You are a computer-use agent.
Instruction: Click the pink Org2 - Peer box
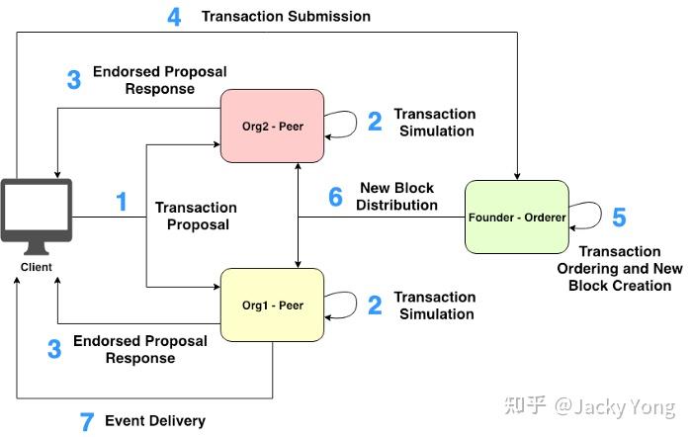(272, 126)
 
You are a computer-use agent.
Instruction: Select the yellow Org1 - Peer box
(272, 305)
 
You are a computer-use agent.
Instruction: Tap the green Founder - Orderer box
(517, 216)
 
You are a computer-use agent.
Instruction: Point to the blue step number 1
(122, 203)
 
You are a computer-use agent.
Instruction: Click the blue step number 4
(174, 18)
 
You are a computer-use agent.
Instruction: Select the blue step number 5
(619, 218)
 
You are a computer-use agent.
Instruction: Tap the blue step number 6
(335, 197)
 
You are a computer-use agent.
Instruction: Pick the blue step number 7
(87, 422)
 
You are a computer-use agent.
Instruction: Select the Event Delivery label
(155, 421)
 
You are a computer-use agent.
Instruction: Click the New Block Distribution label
(398, 197)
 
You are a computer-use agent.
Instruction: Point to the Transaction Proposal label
(196, 216)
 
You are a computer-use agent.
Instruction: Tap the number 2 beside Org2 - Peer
(375, 123)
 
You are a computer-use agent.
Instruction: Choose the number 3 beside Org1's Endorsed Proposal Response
(54, 349)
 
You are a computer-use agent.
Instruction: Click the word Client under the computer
(36, 267)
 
